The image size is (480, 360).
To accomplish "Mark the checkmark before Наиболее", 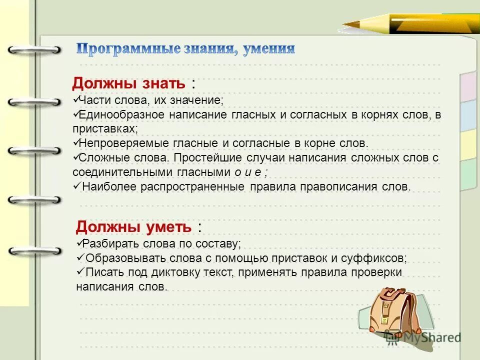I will tap(76, 186).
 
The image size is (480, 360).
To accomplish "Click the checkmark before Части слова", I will tap(75, 100).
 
